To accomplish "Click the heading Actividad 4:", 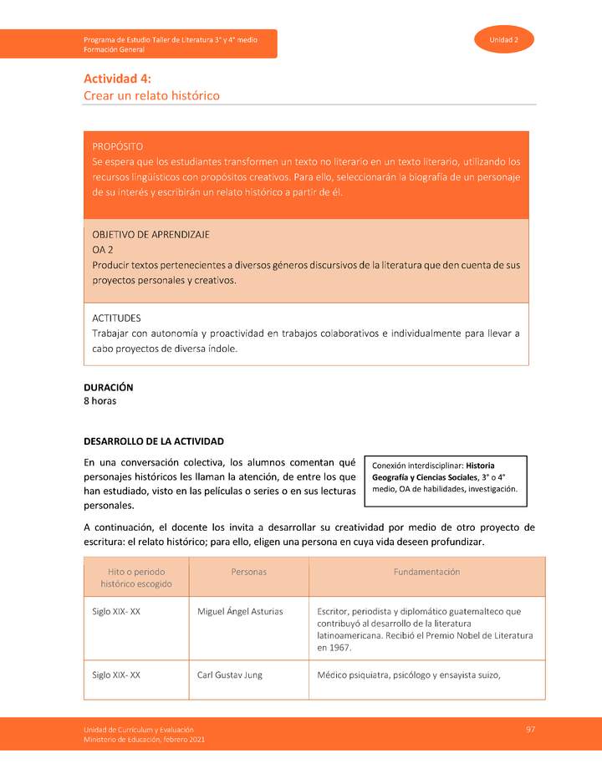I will click(117, 79).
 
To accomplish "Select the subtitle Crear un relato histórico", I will click(151, 96).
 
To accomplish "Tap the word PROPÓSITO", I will click(117, 146).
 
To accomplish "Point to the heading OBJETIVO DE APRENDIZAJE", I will click(150, 234).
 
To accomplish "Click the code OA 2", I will click(103, 249).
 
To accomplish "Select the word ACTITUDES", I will click(116, 318).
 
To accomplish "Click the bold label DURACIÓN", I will click(108, 388).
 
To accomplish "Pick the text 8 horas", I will click(99, 401).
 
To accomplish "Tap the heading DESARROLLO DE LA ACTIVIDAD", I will click(154, 441).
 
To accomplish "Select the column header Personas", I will click(248, 572).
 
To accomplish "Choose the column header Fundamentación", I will click(426, 572).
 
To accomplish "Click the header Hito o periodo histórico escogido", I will click(136, 578).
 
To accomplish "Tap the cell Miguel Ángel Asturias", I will click(240, 612).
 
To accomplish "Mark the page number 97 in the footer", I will click(530, 730).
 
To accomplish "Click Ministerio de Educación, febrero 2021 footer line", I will click(144, 740).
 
